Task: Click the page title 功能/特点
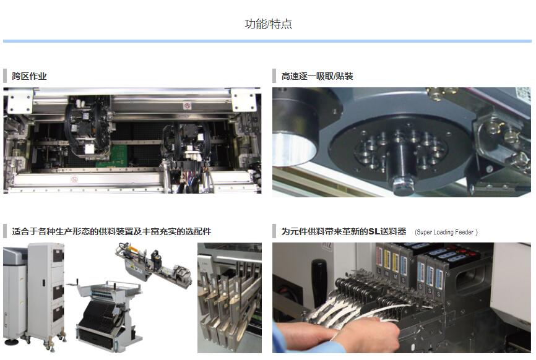click(x=269, y=24)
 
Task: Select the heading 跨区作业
click(x=29, y=76)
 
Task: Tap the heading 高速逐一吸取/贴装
click(x=318, y=76)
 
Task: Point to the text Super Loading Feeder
click(x=446, y=232)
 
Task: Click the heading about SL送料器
click(x=344, y=231)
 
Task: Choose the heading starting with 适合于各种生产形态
click(x=111, y=231)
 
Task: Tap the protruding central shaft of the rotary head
click(x=402, y=168)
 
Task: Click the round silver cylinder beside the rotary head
click(x=294, y=144)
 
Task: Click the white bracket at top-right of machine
click(x=244, y=99)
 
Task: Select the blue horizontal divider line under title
click(x=267, y=41)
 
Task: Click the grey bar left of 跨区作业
click(x=5, y=76)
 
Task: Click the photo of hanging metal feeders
click(x=230, y=298)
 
